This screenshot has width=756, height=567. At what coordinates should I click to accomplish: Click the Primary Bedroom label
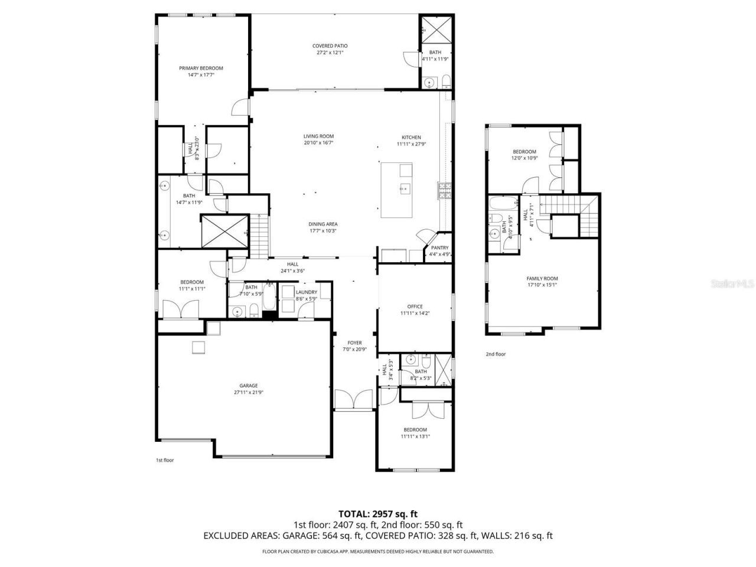click(201, 68)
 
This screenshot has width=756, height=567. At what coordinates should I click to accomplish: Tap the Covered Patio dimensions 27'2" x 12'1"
click(330, 53)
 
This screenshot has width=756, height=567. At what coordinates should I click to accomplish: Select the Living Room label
click(319, 136)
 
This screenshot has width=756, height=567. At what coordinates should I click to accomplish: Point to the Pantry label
click(439, 248)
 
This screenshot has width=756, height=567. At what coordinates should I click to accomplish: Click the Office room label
click(415, 307)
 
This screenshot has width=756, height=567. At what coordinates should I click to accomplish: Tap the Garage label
click(248, 386)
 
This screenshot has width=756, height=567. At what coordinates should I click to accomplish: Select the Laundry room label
click(307, 292)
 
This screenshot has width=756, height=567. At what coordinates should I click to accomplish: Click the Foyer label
click(354, 343)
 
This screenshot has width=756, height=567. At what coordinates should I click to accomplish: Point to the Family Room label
click(542, 278)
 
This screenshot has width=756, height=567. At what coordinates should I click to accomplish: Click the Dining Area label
click(322, 224)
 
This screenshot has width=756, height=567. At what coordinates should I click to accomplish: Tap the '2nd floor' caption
click(496, 354)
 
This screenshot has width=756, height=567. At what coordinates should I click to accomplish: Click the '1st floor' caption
click(164, 460)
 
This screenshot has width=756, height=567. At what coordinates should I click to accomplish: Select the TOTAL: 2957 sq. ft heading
click(377, 514)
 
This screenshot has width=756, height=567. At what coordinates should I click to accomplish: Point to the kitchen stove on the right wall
click(444, 190)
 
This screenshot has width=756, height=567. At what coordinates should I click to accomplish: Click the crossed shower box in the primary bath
click(223, 231)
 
